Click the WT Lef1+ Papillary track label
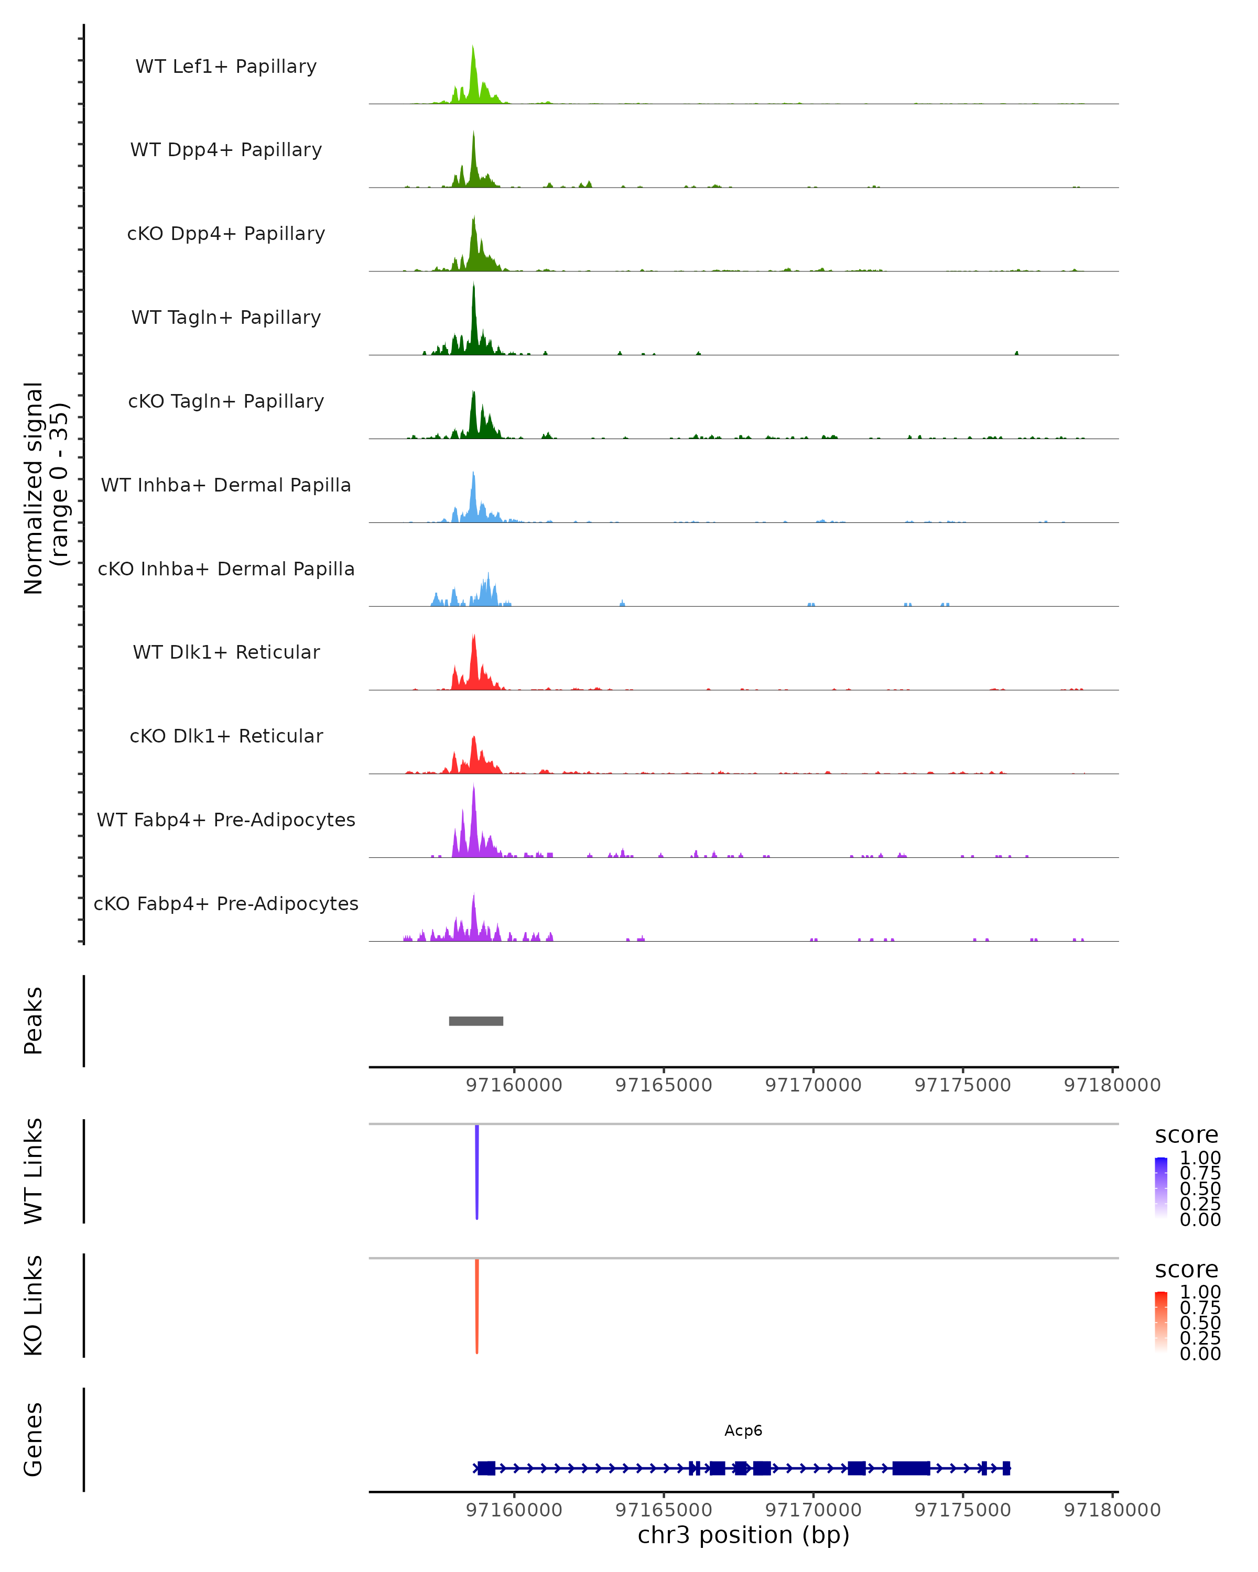[226, 67]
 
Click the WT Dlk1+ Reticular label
[226, 652]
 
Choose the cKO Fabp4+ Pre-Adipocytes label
[226, 903]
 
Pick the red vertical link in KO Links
[477, 1305]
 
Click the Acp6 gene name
[743, 1431]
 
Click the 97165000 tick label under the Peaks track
[664, 1085]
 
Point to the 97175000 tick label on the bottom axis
[963, 1510]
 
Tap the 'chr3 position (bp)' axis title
[743, 1535]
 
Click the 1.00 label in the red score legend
[1200, 1292]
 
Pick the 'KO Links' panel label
[34, 1305]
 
